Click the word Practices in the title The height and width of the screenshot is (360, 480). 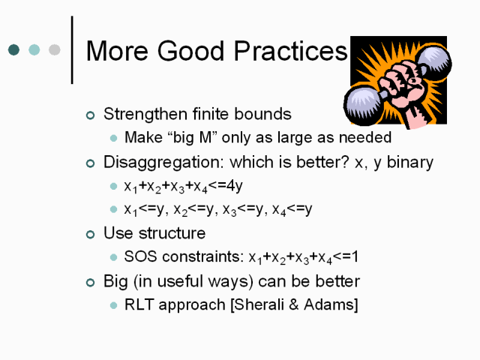[x=290, y=51]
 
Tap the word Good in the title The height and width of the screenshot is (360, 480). [x=190, y=51]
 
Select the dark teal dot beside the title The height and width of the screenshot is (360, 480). [x=13, y=50]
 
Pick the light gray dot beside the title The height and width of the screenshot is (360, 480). [x=55, y=50]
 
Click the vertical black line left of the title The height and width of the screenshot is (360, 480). [x=72, y=50]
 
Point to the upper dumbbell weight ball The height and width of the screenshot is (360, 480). [x=434, y=61]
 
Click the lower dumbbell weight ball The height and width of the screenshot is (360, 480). [x=361, y=105]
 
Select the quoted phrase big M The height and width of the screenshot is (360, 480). [x=190, y=137]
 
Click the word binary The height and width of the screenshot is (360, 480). [x=410, y=162]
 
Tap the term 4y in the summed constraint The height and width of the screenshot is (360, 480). [x=234, y=186]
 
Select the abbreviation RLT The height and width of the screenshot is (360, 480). [x=139, y=304]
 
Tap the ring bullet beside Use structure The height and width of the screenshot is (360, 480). [x=90, y=235]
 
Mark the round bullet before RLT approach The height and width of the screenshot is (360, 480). [x=113, y=305]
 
